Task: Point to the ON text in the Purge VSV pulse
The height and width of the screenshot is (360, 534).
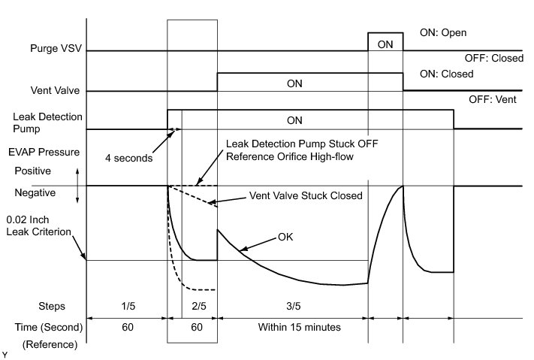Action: pyautogui.click(x=385, y=44)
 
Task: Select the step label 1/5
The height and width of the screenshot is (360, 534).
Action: pyautogui.click(x=127, y=306)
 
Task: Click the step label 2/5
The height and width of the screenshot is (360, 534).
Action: pyautogui.click(x=199, y=306)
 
